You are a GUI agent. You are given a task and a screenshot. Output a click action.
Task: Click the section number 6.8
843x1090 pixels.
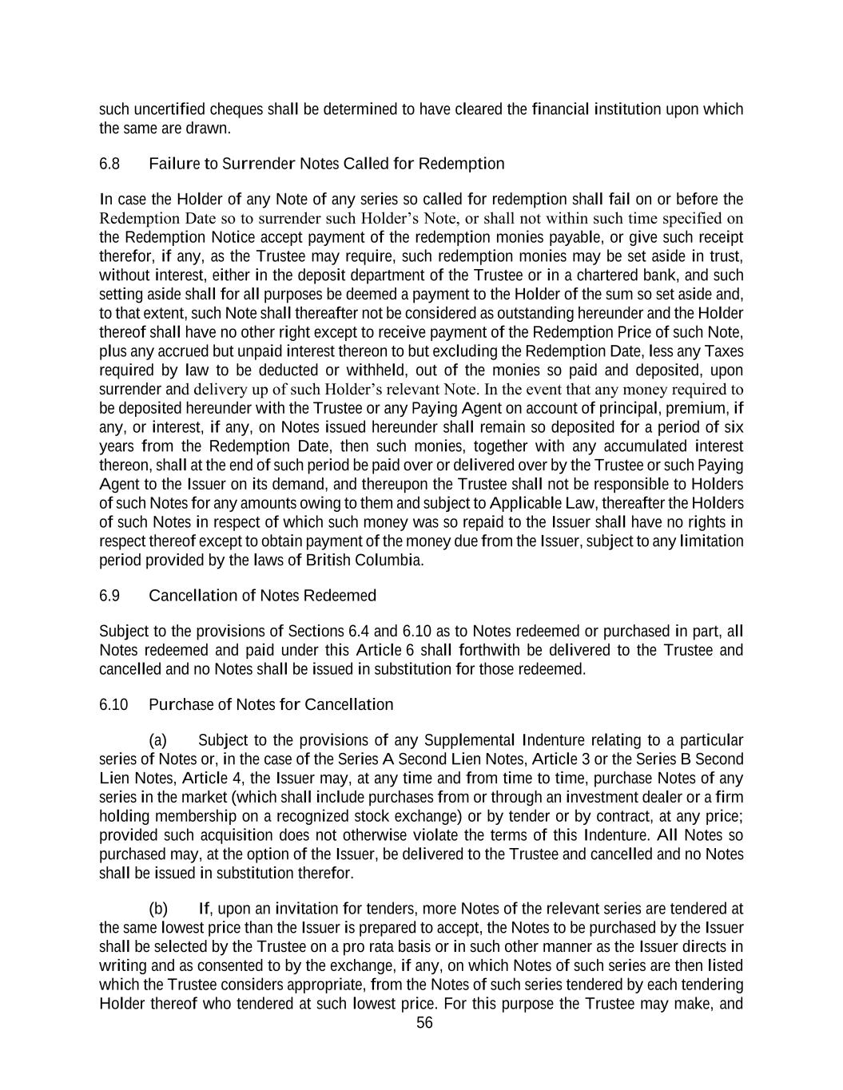pyautogui.click(x=109, y=164)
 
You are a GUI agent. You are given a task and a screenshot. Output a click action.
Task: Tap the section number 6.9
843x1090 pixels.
pyautogui.click(x=109, y=596)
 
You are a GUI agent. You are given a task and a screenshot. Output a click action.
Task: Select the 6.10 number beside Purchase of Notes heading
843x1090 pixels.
pyautogui.click(x=113, y=704)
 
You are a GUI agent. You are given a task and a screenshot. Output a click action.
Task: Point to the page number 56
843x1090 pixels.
pyautogui.click(x=424, y=1024)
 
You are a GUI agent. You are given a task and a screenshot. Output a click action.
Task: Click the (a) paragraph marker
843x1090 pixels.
pyautogui.click(x=158, y=739)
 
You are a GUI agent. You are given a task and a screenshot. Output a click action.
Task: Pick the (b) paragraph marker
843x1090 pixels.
pyautogui.click(x=158, y=909)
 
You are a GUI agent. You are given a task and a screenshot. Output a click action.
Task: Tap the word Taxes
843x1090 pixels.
pyautogui.click(x=723, y=351)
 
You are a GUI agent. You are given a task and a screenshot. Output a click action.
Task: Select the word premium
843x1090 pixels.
pyautogui.click(x=701, y=408)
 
